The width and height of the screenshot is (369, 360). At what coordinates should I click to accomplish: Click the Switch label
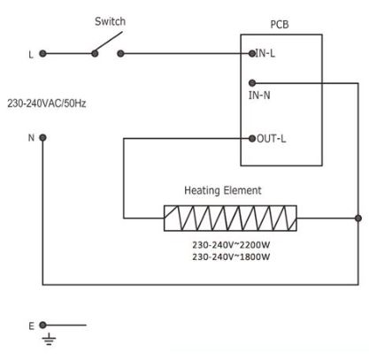110,21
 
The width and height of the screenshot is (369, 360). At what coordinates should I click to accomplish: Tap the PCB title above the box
280,25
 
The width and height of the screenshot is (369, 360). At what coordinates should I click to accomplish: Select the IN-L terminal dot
252,53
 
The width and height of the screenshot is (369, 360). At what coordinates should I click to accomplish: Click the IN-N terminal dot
252,83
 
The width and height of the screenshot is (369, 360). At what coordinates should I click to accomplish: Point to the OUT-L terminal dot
252,138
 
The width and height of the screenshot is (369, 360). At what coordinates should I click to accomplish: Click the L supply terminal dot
42,53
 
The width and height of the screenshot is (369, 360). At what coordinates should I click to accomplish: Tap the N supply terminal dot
42,137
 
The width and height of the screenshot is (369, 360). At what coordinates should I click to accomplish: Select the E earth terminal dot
42,325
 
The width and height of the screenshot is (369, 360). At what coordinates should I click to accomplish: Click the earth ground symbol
49,339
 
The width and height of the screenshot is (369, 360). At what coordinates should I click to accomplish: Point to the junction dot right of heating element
358,218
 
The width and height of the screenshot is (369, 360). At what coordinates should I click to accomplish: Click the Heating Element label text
223,190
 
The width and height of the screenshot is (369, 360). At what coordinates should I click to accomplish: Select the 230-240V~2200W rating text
231,245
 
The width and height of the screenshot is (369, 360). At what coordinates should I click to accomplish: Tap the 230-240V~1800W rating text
231,257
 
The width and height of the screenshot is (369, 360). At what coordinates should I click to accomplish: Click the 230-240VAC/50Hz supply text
47,103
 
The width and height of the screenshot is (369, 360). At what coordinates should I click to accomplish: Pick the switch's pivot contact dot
95,53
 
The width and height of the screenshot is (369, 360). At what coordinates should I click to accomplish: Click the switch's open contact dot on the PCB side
120,53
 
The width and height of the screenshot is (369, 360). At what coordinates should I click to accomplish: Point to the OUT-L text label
272,138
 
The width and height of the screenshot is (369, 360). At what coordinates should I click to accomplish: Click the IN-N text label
259,96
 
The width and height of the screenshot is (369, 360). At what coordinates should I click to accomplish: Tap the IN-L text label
265,53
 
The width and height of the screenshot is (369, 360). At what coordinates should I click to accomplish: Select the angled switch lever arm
109,42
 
